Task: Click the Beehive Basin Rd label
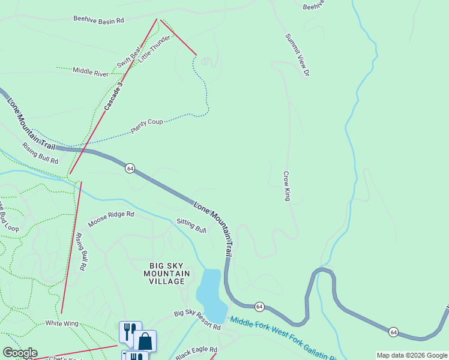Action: (98, 20)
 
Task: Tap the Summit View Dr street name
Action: (297, 55)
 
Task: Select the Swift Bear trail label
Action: (128, 56)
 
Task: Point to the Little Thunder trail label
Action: (154, 49)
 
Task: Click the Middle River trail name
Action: (91, 71)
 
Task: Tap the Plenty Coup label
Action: (147, 126)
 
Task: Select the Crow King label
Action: (287, 186)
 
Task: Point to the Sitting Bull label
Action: (191, 226)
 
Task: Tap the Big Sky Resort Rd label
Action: (197, 320)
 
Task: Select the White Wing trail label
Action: (62, 323)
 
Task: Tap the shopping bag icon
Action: (145, 341)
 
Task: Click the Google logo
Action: (19, 353)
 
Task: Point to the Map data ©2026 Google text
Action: (411, 355)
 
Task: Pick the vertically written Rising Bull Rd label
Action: (81, 251)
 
